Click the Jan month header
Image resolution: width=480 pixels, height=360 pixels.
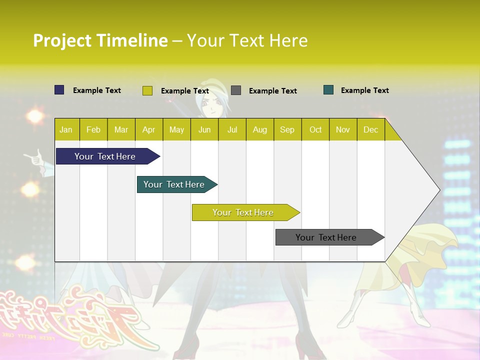(66, 129)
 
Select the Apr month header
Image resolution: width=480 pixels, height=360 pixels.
(149, 129)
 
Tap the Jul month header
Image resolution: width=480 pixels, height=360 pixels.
(232, 129)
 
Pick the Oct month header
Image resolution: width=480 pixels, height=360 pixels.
(315, 129)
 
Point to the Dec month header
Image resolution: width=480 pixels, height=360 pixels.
(370, 129)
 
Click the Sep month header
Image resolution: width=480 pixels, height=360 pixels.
(287, 129)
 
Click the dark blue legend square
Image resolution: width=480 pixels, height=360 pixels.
(59, 90)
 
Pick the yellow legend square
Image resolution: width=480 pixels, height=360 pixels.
(147, 90)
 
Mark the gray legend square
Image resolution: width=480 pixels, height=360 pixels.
(236, 90)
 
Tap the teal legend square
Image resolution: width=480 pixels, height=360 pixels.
(328, 90)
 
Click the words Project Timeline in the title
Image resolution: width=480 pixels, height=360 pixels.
(100, 40)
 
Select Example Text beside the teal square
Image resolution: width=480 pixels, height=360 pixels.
(364, 90)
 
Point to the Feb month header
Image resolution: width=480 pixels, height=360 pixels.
(93, 129)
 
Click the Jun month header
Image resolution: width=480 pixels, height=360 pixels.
(204, 129)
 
